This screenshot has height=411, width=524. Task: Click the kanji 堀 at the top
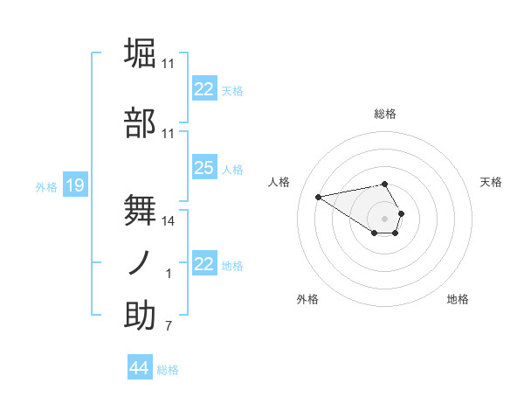coord(141,54)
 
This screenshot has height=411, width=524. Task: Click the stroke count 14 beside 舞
coord(169,221)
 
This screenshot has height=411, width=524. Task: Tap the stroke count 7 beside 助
coord(169,327)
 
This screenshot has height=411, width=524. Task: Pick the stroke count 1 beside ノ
coord(169,274)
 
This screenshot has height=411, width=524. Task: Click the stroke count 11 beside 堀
coord(169,64)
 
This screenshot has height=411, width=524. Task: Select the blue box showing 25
coord(203,168)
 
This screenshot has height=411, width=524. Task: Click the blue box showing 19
coord(74,185)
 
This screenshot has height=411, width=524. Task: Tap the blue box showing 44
coord(139,368)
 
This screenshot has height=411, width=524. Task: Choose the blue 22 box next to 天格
coord(203,89)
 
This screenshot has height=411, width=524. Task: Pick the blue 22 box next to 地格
coord(203,264)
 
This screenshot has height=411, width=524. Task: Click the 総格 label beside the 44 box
coord(168,370)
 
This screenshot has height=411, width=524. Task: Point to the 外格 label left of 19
coord(46,186)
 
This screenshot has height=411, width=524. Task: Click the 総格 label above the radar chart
coord(385,114)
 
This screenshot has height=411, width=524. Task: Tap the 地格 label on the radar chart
coord(458,299)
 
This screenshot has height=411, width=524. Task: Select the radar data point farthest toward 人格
coord(319,196)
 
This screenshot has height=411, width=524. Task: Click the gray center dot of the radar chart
coord(385,218)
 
